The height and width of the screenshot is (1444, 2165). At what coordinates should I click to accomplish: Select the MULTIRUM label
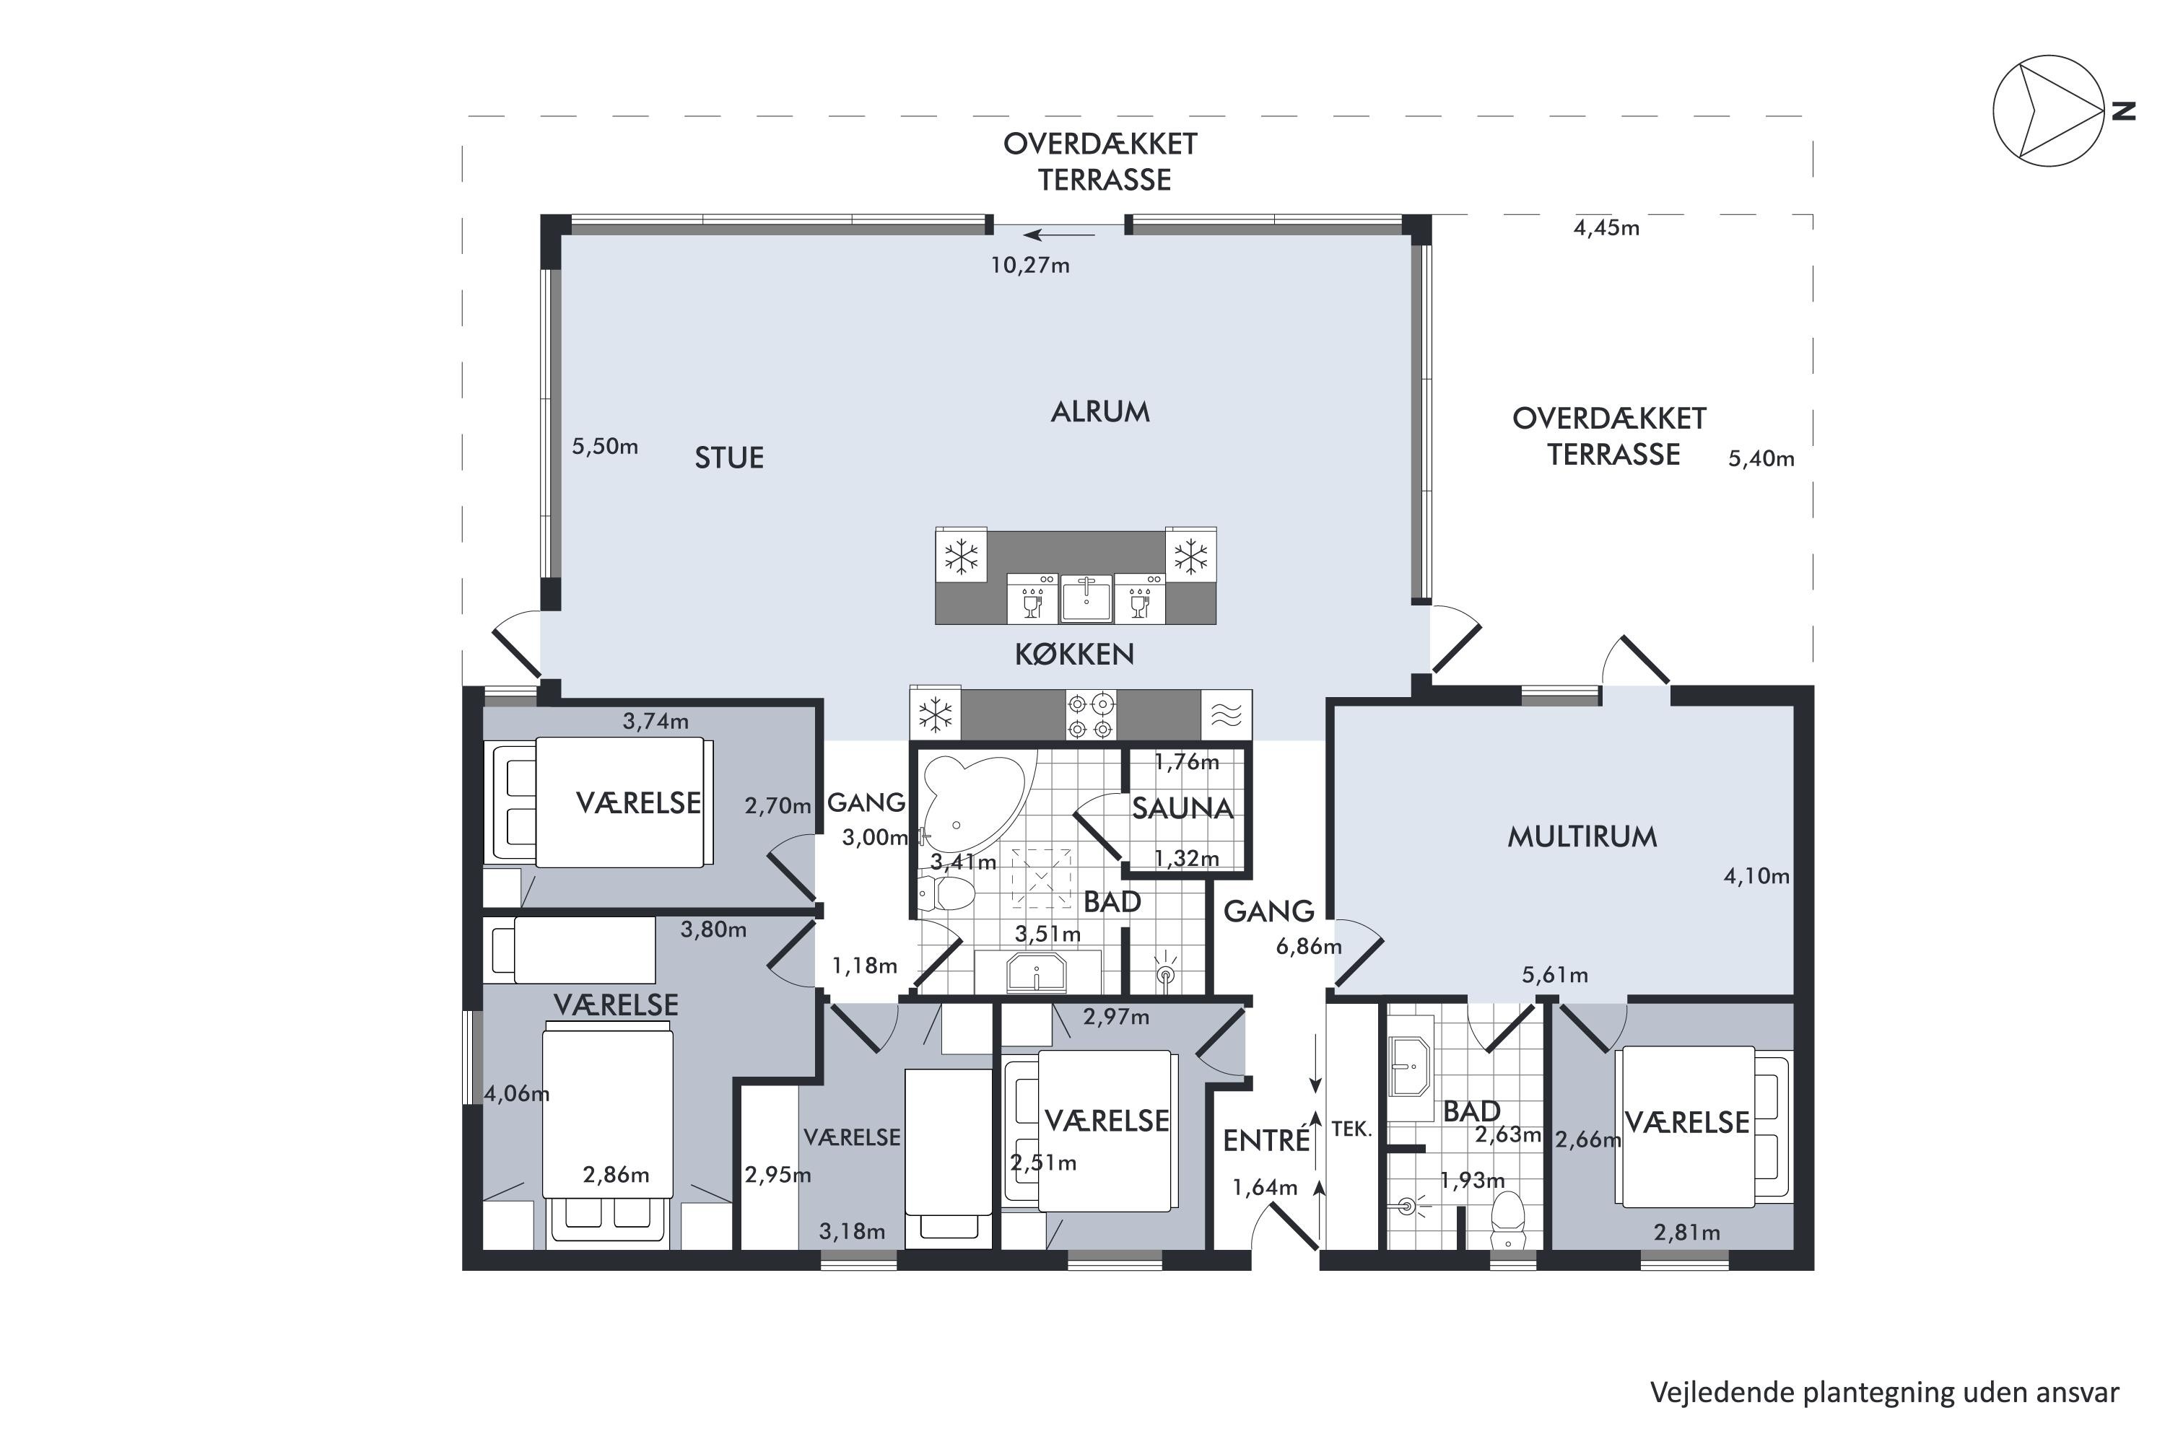(1582, 836)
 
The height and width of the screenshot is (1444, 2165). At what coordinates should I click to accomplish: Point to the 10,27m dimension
(1030, 266)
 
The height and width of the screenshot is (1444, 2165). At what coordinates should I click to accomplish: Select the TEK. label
(1351, 1129)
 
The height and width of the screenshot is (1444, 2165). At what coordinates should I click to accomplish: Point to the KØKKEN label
(1074, 654)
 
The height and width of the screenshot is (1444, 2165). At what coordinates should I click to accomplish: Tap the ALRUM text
(1100, 411)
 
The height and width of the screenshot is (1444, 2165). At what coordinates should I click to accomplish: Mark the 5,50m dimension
(604, 447)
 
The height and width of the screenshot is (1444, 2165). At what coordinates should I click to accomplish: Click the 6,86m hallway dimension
(1308, 946)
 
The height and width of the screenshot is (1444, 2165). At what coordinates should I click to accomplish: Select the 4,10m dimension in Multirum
(1756, 876)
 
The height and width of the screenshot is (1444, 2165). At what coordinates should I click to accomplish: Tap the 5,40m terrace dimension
(1761, 459)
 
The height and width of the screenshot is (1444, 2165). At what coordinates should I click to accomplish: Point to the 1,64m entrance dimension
(1265, 1187)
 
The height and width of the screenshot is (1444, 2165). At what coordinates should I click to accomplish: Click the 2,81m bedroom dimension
(1687, 1232)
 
